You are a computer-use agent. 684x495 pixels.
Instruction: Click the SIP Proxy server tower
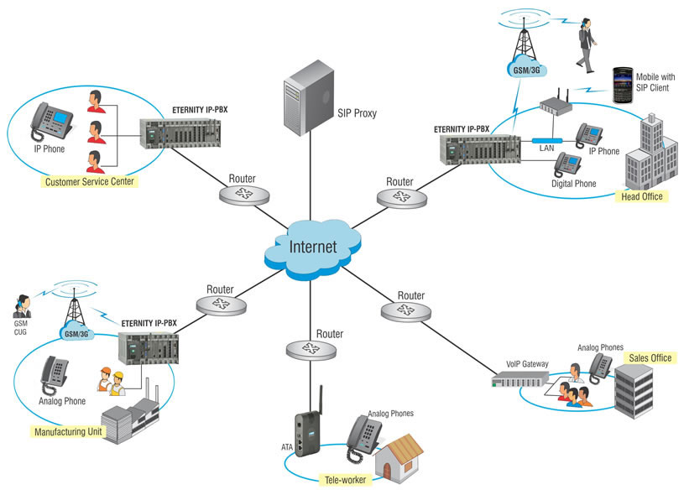click(308, 97)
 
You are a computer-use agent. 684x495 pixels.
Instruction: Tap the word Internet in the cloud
click(313, 247)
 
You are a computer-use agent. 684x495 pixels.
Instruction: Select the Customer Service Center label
click(90, 181)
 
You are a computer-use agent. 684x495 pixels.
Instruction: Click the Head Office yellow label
click(642, 196)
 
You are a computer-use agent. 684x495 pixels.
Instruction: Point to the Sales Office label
click(650, 358)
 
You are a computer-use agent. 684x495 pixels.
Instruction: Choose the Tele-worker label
click(345, 480)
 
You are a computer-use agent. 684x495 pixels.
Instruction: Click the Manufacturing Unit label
click(68, 432)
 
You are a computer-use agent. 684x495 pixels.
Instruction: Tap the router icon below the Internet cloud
click(311, 349)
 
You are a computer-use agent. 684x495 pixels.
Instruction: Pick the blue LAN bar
click(547, 140)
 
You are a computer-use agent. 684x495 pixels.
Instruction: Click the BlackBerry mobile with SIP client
click(623, 85)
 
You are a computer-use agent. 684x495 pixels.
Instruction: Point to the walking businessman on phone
click(587, 45)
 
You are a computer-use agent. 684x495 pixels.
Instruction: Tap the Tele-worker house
click(399, 459)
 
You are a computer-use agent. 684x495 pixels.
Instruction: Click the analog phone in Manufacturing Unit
click(54, 375)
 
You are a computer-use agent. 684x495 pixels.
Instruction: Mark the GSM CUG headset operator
click(22, 306)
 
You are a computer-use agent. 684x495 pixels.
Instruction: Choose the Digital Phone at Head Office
click(567, 164)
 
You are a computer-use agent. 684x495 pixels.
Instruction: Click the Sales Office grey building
click(634, 391)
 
